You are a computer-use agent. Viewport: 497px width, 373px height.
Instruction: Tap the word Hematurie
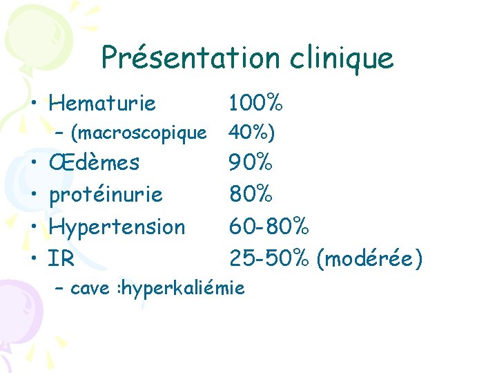coord(102,104)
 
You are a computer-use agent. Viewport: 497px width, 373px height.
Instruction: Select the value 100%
coord(255,104)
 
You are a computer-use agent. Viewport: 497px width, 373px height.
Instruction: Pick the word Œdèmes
coord(94,164)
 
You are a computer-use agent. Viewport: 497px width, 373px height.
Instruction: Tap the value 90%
coord(251,164)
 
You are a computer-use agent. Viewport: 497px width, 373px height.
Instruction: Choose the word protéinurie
coord(106,195)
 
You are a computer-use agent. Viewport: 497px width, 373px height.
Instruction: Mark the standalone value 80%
coord(251,195)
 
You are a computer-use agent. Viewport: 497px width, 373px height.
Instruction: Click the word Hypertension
coord(117,227)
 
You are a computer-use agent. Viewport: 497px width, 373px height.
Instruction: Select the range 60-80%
coord(270,227)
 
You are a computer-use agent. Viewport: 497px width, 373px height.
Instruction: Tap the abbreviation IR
coord(61,259)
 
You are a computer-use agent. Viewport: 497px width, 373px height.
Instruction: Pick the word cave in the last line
coord(90,288)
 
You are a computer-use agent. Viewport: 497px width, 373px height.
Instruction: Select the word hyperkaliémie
coord(183,288)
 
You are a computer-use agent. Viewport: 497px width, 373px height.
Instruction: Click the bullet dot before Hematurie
coord(33,105)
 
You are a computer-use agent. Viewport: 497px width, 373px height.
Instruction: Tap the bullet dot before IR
coord(33,260)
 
